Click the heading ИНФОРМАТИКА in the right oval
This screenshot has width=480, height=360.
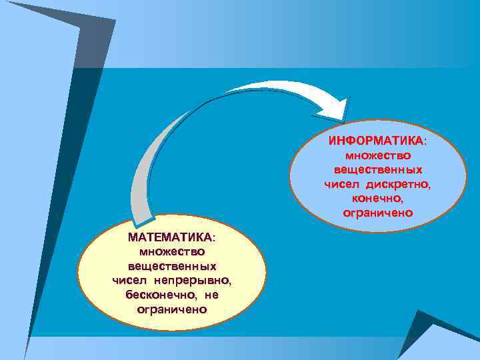pos(375,141)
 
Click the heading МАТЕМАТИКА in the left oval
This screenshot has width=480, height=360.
pos(169,237)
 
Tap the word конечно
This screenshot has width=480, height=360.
pos(377,199)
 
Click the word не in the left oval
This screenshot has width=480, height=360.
pos(211,295)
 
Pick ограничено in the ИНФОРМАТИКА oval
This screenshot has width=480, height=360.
pos(377,213)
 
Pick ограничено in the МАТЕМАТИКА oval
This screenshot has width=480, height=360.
pos(171,309)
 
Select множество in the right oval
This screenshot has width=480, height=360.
pos(377,155)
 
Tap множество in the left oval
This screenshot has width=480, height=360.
pos(171,251)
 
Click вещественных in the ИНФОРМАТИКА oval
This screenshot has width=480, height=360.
pos(377,170)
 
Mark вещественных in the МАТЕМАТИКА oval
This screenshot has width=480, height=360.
pos(171,266)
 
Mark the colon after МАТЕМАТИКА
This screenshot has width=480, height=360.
pos(213,238)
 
